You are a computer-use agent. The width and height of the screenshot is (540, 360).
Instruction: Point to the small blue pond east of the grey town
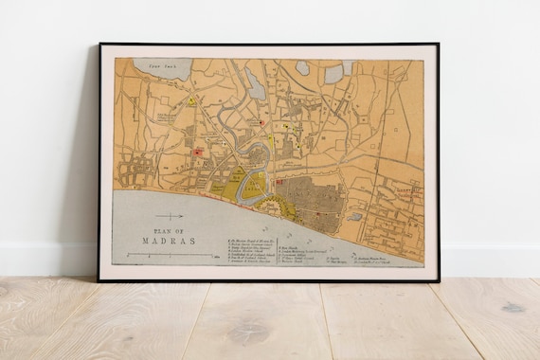[x=354, y=216]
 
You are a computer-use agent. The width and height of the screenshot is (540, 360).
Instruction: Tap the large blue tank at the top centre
[x=257, y=85]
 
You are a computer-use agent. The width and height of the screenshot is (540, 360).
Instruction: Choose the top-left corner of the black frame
[x=99, y=45]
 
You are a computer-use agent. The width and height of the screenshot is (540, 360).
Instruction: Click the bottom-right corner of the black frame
[x=439, y=280]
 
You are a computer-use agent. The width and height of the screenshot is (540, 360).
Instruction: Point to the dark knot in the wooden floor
[x=513, y=307]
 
